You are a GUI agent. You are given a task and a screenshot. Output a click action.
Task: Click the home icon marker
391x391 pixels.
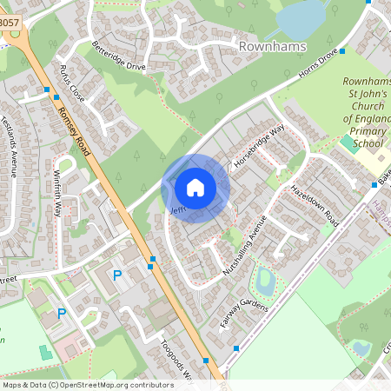[x=195, y=188]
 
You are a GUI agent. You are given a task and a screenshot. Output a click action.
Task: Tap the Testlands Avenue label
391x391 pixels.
[x=11, y=143]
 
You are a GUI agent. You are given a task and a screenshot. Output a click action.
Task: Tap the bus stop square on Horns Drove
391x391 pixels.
[x=342, y=51]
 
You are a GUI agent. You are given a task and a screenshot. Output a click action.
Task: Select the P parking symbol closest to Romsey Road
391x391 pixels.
[x=118, y=275]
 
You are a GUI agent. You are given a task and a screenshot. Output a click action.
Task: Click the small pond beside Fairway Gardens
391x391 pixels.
[x=266, y=281]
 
